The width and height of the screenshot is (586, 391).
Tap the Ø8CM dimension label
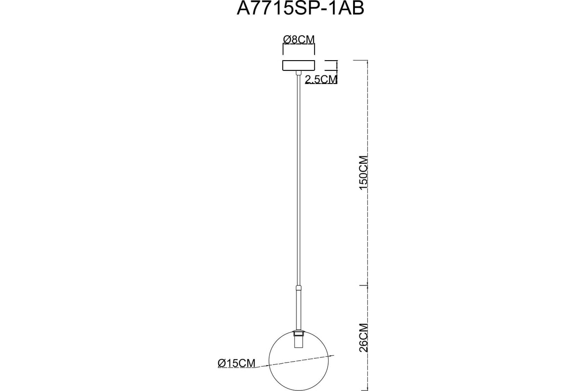coord(299,40)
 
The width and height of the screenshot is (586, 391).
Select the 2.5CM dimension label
coord(321,79)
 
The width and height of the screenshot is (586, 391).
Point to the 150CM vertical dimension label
coord(363,173)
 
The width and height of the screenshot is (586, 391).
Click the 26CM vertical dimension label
coord(363,338)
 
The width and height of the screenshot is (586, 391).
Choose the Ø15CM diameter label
coord(236,363)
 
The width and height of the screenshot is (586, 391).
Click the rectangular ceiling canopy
coord(298,65)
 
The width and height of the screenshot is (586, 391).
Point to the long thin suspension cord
coord(298,180)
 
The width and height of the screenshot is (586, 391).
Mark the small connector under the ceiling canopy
coord(298,73)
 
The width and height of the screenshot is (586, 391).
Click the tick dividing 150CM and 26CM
coord(363,285)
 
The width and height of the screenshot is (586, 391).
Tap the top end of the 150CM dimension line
coord(367,61)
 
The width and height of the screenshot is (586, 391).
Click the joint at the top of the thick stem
coord(298,288)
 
